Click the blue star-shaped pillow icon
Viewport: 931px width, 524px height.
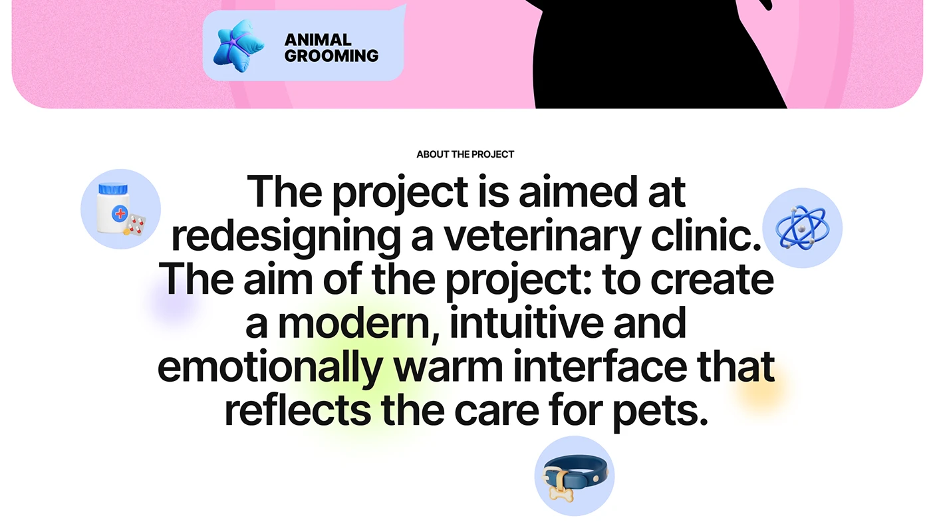point(238,46)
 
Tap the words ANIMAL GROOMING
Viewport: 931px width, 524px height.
point(331,48)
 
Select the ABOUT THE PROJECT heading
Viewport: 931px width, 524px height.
point(465,154)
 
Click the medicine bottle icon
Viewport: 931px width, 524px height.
point(114,208)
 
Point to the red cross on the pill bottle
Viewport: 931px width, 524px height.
point(120,213)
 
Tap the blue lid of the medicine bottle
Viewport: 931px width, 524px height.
point(113,189)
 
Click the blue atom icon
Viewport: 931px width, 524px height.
point(802,227)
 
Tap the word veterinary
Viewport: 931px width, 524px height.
point(542,236)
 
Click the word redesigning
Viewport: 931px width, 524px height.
point(286,236)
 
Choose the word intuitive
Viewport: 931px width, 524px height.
point(527,323)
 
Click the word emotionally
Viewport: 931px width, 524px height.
point(270,367)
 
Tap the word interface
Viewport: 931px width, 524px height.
point(600,366)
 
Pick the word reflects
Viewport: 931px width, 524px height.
point(298,410)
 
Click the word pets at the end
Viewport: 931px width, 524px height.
point(661,412)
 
